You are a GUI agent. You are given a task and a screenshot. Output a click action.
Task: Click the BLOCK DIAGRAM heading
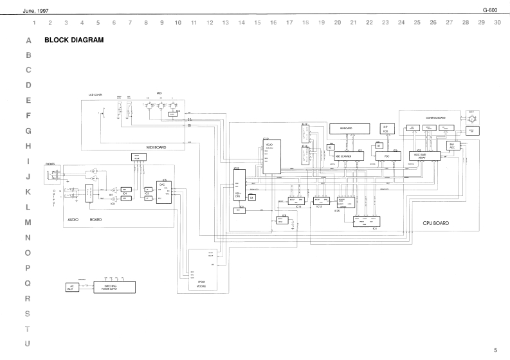pyautogui.click(x=73, y=40)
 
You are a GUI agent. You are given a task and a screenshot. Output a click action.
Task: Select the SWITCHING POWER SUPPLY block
pyautogui.click(x=114, y=286)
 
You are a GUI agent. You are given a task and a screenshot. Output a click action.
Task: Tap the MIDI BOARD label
pyautogui.click(x=156, y=147)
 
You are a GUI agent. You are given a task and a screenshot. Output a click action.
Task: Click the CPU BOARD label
pyautogui.click(x=435, y=223)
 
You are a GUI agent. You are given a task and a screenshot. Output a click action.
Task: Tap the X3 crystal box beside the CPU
pyautogui.click(x=252, y=197)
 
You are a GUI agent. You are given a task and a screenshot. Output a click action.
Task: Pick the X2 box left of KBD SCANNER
pyautogui.click(x=329, y=148)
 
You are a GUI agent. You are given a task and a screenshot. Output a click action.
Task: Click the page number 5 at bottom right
pyautogui.click(x=495, y=350)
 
